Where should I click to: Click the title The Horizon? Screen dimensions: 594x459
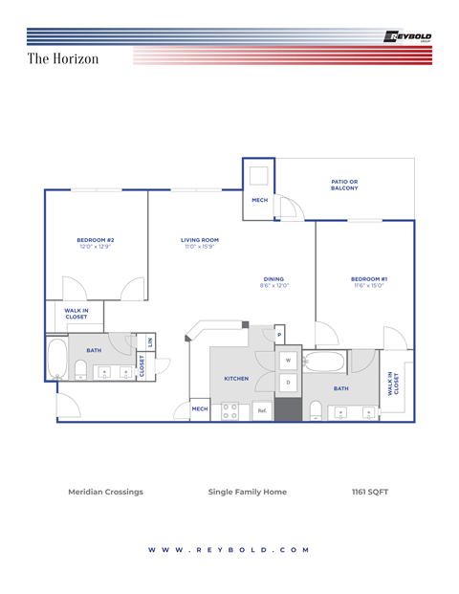63,59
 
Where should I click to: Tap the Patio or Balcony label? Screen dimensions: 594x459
344,185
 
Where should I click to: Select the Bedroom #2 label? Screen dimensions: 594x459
96,239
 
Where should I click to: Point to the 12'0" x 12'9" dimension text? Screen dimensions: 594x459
96,247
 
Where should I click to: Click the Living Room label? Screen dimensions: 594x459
200,239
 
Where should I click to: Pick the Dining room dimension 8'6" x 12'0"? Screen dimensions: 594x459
273,285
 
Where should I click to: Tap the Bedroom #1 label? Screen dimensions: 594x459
368,278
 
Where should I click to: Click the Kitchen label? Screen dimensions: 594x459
236,378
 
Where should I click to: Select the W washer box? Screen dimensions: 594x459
288,361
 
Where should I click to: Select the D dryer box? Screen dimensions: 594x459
288,383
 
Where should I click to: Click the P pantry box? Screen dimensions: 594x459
279,335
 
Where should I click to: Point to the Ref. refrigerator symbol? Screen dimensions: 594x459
262,410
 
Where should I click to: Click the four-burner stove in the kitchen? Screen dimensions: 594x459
229,410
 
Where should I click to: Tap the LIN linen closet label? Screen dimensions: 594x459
150,341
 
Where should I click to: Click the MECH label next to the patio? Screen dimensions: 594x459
259,200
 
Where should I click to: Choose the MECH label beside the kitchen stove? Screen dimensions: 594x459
200,409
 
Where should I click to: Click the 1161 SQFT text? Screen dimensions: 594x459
370,492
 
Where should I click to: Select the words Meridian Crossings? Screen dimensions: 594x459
105,492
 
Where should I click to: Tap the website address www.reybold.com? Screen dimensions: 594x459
229,550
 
